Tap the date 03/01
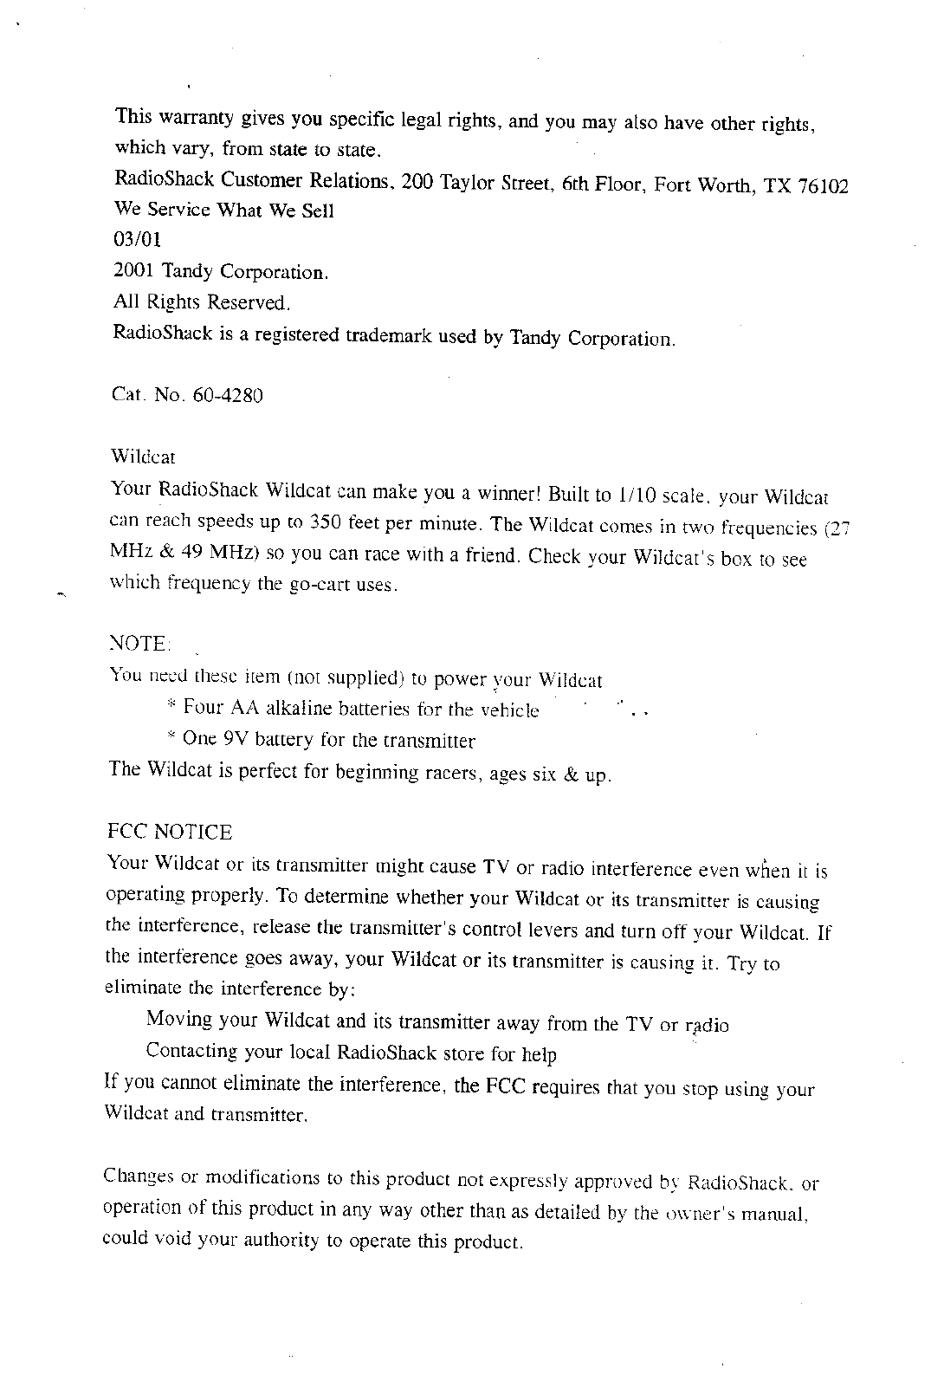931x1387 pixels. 138,239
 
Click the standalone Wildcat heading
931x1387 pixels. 144,456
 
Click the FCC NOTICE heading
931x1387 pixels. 170,833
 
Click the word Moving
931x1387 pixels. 179,1018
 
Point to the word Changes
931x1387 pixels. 139,1177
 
